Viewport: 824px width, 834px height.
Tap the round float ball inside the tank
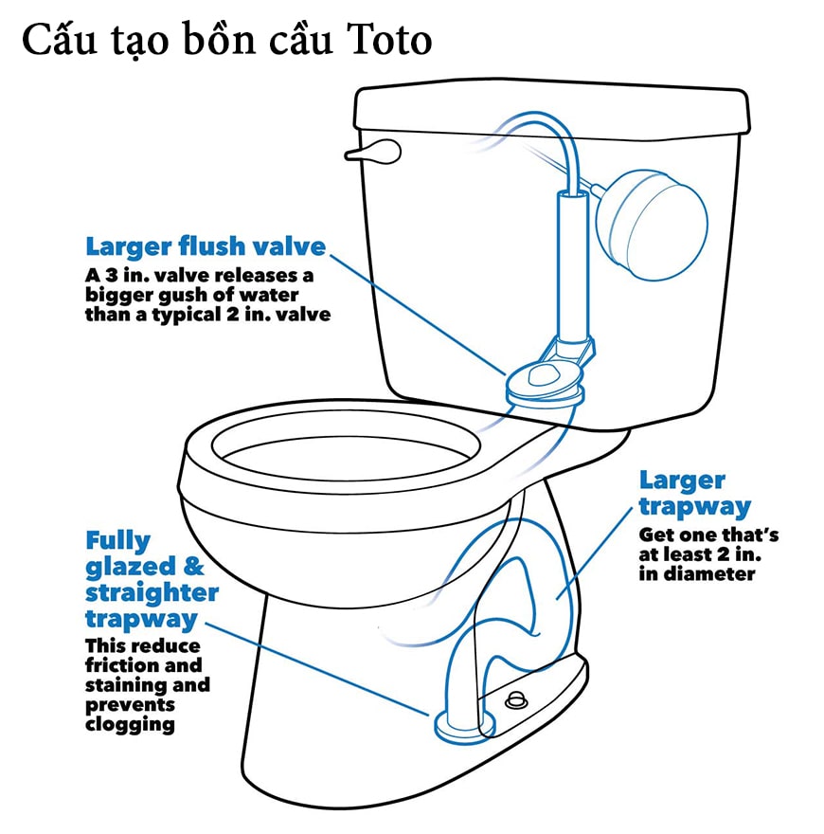coord(652,225)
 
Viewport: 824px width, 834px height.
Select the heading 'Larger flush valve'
coord(206,246)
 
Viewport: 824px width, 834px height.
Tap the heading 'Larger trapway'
coord(695,494)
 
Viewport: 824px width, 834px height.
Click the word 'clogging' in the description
coord(130,725)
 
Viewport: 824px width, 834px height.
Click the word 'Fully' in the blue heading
coord(118,541)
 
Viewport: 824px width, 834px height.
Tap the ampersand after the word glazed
coord(194,567)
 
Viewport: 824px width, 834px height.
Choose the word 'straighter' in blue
coord(152,593)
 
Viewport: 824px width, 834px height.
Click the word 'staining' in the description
coord(125,685)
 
